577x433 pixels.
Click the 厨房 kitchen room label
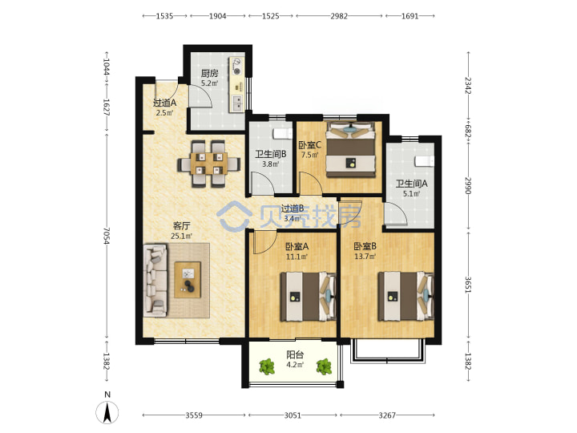point(209,73)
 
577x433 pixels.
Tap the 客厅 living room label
point(181,225)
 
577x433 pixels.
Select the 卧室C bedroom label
point(309,145)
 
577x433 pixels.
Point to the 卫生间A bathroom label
point(411,184)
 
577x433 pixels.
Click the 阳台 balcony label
point(295,354)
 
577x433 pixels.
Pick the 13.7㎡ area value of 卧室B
point(365,257)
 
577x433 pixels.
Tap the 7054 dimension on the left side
point(107,236)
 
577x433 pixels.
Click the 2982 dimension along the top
point(339,16)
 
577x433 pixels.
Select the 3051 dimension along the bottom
point(293,415)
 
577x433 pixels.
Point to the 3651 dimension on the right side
point(468,285)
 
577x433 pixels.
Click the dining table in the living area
point(208,164)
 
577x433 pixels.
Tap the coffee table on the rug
point(188,280)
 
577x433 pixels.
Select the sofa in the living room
point(155,280)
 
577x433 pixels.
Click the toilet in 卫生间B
point(282,134)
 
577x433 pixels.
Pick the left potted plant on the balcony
point(267,366)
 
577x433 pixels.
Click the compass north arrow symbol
point(107,413)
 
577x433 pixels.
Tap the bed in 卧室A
point(309,297)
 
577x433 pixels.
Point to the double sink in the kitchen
point(236,103)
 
